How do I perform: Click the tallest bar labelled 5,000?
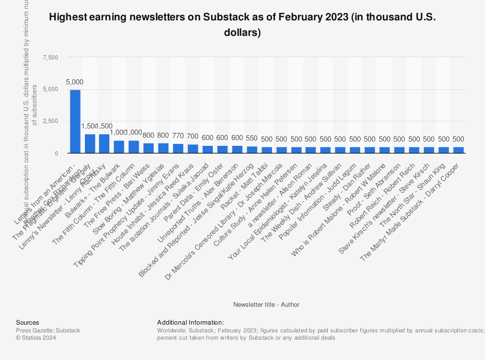[x=75, y=121]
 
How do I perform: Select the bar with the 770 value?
[x=178, y=148]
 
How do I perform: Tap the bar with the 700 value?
[x=193, y=149]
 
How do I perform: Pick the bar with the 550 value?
[x=252, y=150]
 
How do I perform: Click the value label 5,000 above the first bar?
[x=75, y=82]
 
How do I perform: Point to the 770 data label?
[x=178, y=136]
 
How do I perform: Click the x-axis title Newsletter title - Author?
[x=266, y=305]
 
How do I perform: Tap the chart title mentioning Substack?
[x=242, y=25]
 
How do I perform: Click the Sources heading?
[x=28, y=323]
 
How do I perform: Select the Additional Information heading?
[x=191, y=323]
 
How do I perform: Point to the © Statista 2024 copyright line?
[x=36, y=338]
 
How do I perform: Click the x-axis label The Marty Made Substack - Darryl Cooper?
[x=417, y=208]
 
